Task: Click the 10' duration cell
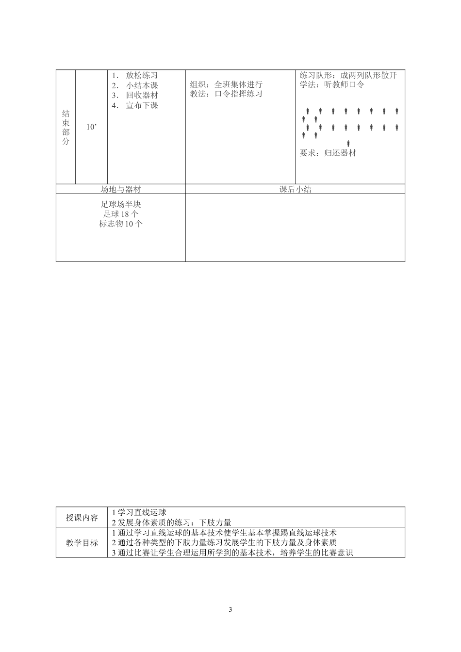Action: click(91, 127)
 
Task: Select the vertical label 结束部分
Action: click(66, 127)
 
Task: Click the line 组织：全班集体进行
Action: click(226, 84)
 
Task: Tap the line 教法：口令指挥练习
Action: click(226, 94)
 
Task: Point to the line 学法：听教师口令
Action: click(332, 84)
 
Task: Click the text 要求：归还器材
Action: click(328, 153)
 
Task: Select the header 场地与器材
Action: click(120, 189)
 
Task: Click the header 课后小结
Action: click(295, 189)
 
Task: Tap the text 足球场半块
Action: click(121, 204)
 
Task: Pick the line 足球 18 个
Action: click(121, 214)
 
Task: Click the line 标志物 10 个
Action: click(121, 224)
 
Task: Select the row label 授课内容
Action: click(82, 518)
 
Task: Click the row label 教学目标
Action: click(82, 543)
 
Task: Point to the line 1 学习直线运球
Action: click(139, 512)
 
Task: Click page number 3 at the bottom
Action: click(230, 610)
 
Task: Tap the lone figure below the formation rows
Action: click(348, 143)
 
